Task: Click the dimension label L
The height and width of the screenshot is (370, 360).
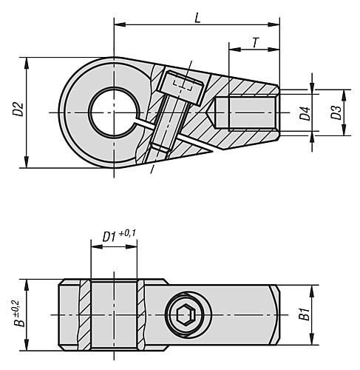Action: coord(197,16)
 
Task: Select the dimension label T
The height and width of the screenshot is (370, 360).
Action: coord(255,42)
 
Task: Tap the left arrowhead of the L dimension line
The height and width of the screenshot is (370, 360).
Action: coord(118,26)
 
